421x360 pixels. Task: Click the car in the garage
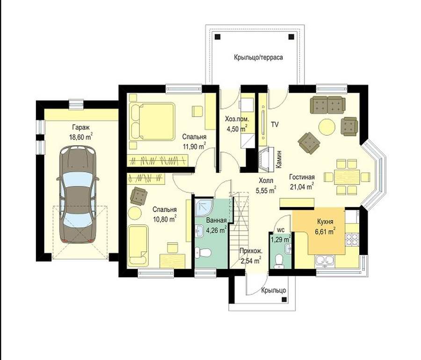(x=77, y=194)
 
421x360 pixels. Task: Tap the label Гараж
(x=80, y=127)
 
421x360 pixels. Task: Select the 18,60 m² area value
(x=81, y=137)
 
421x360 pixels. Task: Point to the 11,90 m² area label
(x=194, y=147)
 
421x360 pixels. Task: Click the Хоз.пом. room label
(x=237, y=119)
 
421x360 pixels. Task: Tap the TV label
(x=275, y=125)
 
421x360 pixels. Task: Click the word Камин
(x=279, y=159)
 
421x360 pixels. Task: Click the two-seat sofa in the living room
(x=327, y=105)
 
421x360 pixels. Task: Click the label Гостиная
(x=302, y=177)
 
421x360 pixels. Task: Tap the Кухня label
(x=325, y=221)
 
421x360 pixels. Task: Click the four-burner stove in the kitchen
(x=352, y=240)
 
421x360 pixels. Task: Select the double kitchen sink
(x=325, y=260)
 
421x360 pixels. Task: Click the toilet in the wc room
(x=279, y=261)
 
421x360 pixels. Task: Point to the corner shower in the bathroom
(x=204, y=207)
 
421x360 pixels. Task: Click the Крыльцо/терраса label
(x=258, y=57)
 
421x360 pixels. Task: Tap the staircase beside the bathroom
(x=239, y=230)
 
